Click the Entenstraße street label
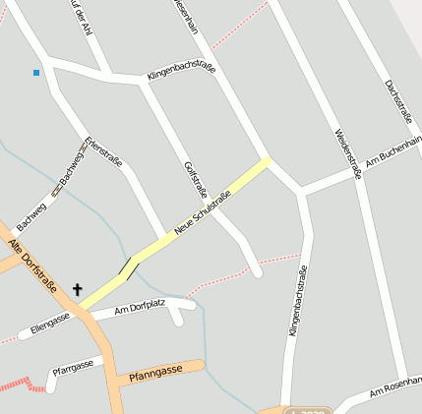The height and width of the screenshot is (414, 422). [103, 150]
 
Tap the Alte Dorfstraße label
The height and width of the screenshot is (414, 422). [32, 266]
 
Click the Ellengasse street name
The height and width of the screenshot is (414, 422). [50, 322]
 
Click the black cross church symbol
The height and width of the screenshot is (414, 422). [77, 290]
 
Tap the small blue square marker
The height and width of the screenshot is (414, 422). [36, 72]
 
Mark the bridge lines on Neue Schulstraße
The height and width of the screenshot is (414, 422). [126, 265]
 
